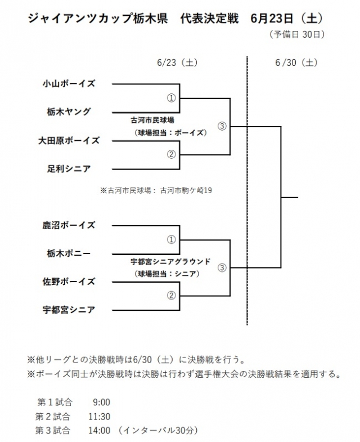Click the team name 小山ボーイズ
69,83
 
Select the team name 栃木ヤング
69,111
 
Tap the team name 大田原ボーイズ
69,140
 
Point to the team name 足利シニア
69,168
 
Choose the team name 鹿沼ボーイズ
69,225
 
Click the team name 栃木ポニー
69,253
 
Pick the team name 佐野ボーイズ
69,282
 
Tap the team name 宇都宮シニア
69,310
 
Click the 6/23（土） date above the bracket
177,62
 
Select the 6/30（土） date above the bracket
296,62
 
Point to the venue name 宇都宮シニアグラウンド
170,262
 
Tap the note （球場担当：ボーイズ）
170,133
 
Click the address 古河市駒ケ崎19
186,190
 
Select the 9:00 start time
102,402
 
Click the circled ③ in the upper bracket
222,126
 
